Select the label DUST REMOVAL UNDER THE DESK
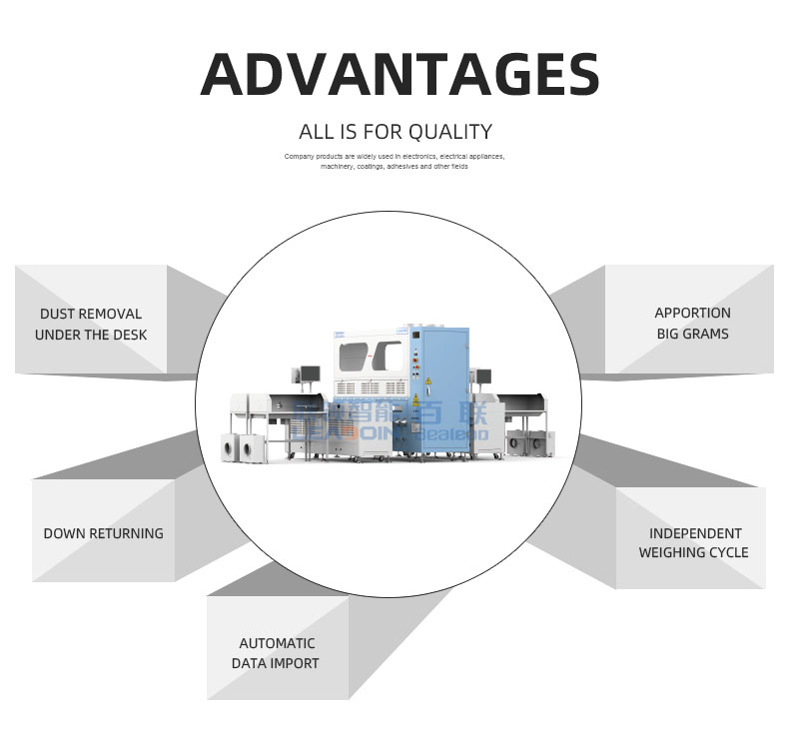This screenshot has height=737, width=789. click(x=91, y=324)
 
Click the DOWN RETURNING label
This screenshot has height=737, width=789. click(x=103, y=533)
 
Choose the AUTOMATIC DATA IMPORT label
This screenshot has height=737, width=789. click(x=276, y=653)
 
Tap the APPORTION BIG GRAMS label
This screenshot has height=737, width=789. click(x=692, y=323)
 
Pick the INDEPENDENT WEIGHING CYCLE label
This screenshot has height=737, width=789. click(x=693, y=542)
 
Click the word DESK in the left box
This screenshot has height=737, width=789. click(x=127, y=335)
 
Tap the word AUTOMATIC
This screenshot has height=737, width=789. click(x=277, y=643)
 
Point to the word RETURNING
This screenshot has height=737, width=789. click(x=127, y=533)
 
